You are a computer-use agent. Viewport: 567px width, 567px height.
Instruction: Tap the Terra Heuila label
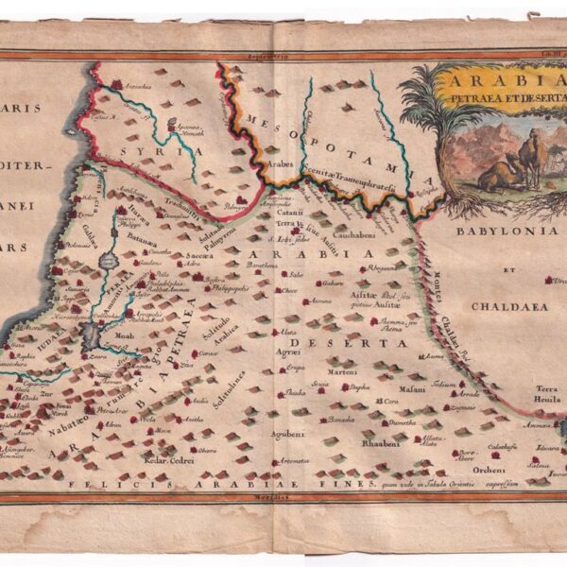[548, 394]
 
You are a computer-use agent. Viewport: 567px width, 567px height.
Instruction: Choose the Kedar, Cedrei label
[169, 459]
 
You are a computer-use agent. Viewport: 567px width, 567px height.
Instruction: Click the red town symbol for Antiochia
[116, 86]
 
